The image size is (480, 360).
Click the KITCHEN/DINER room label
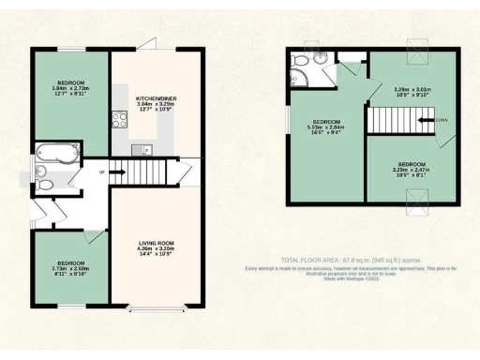click(x=156, y=97)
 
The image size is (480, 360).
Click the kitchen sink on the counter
click(x=138, y=150)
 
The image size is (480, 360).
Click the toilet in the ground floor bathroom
click(x=41, y=172)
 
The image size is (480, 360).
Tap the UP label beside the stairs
click(x=101, y=172)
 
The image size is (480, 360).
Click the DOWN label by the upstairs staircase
click(x=442, y=120)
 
